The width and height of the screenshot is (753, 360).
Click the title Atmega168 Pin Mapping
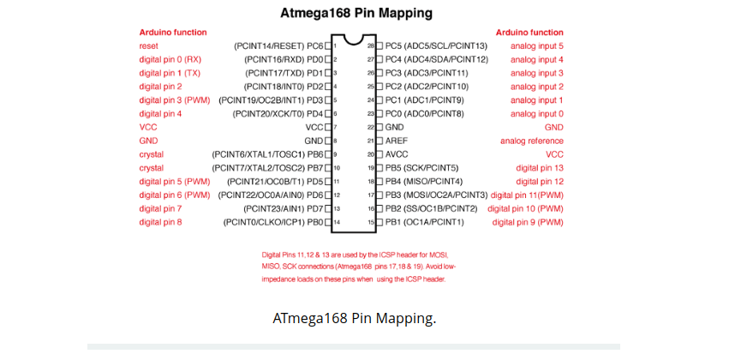point(357,14)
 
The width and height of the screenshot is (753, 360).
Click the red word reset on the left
point(148,45)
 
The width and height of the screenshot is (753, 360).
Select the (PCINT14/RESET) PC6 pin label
point(278,45)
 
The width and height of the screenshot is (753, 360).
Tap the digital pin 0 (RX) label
point(170,59)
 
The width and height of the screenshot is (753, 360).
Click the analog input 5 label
point(537,45)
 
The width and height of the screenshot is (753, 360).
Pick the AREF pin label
point(397,141)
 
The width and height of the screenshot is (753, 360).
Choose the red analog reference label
point(532,141)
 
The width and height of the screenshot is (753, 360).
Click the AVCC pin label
point(397,154)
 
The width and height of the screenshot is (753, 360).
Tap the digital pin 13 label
point(540,168)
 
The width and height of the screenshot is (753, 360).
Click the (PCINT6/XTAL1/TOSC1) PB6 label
point(267,154)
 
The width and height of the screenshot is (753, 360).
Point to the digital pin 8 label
point(160,222)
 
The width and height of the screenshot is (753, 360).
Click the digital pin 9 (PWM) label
point(528,222)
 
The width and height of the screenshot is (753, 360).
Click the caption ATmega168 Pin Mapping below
point(354,319)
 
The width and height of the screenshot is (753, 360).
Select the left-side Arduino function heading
point(173,32)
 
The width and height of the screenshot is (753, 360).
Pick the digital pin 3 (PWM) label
point(174,100)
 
